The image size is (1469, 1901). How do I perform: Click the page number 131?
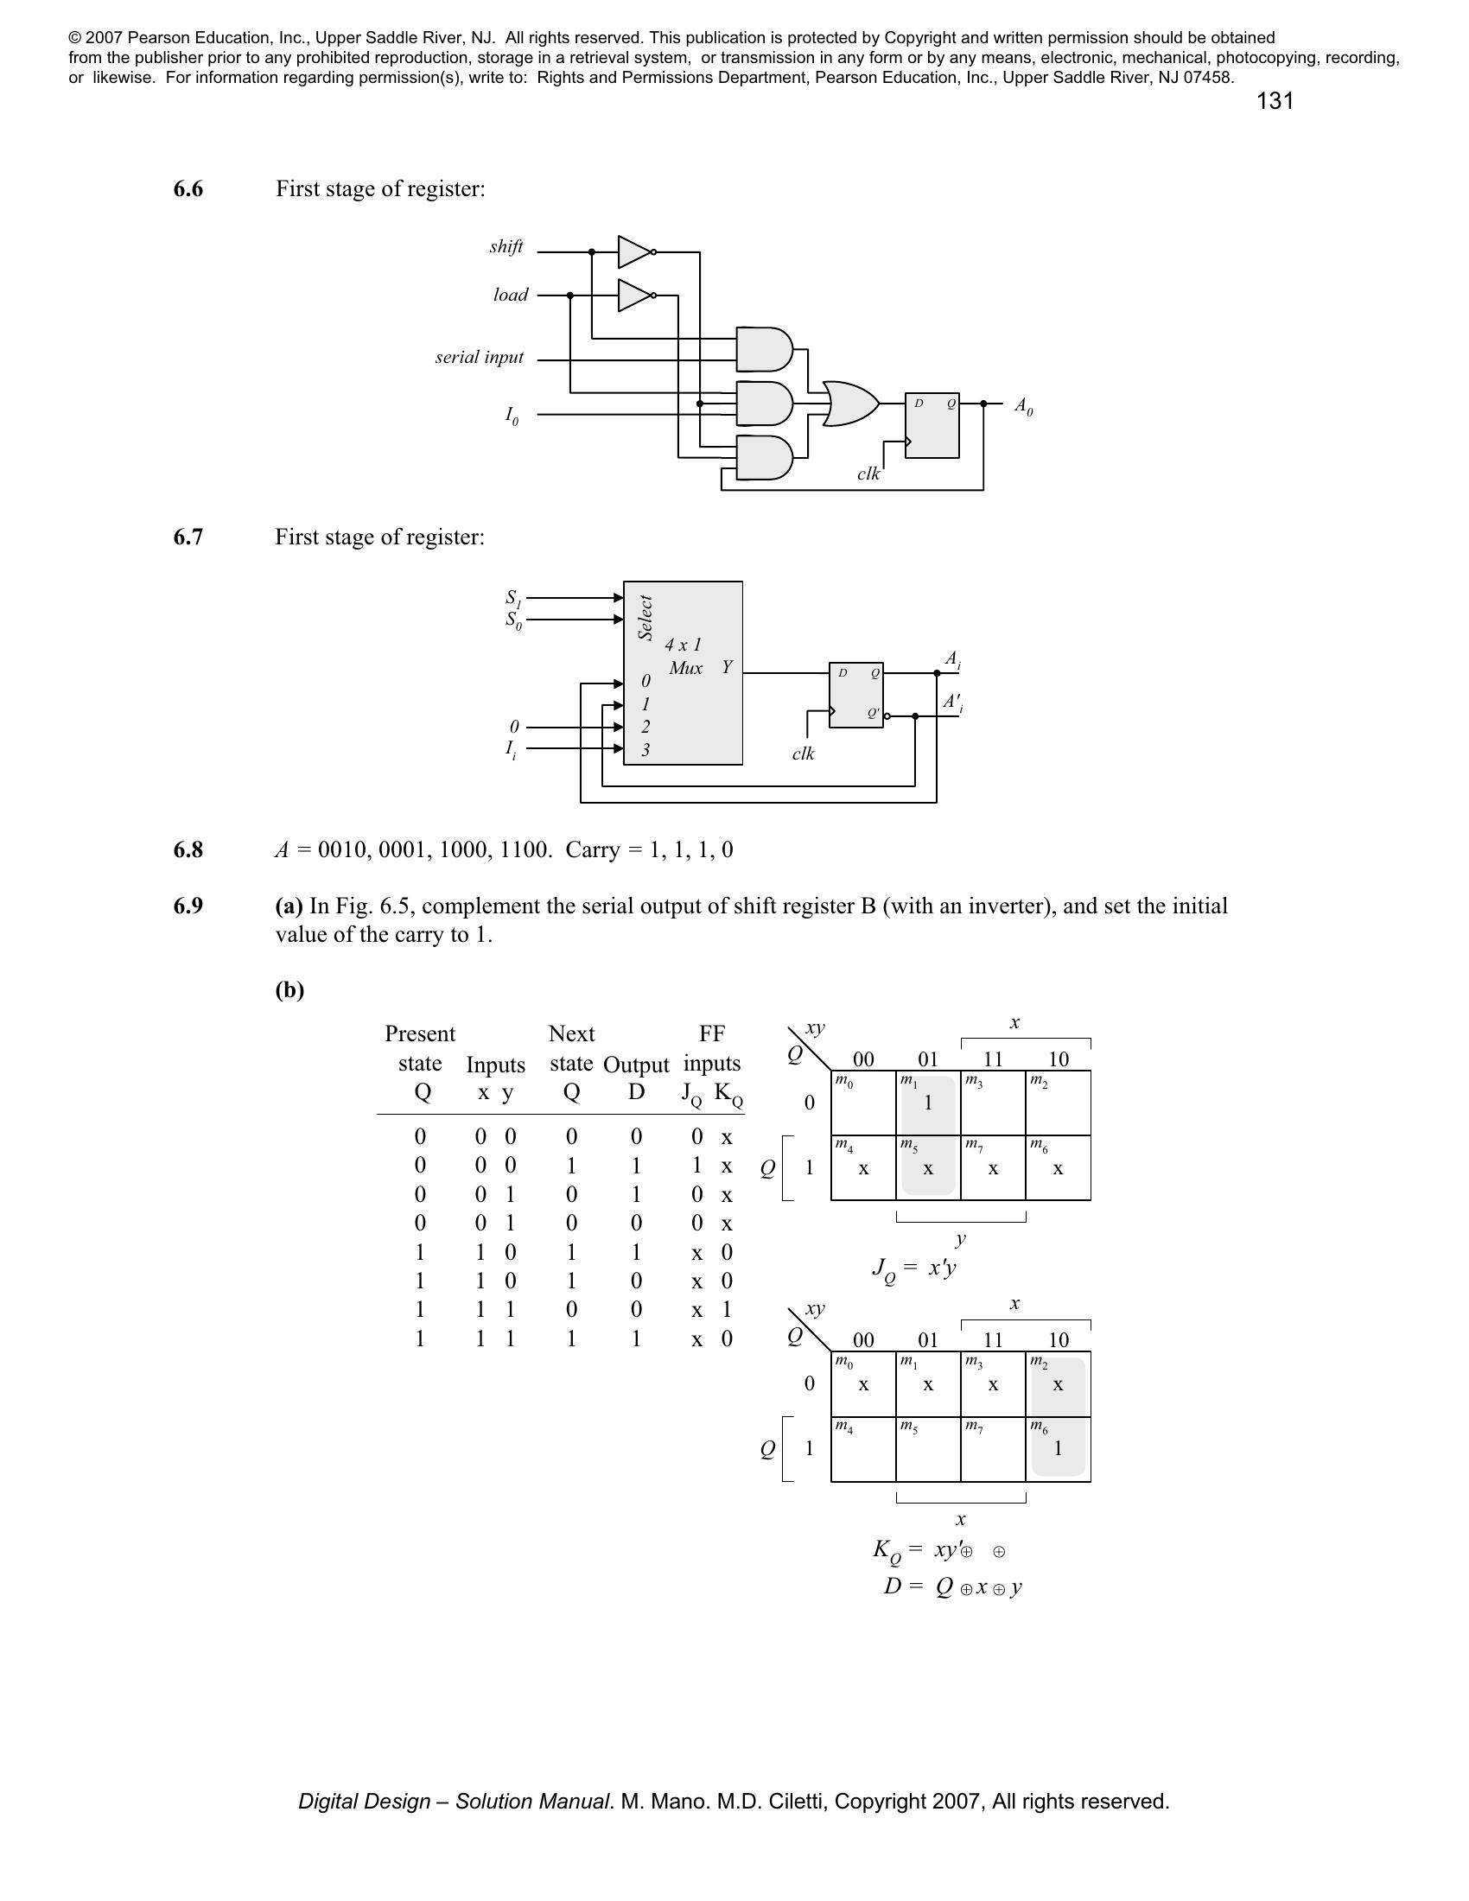click(x=1274, y=102)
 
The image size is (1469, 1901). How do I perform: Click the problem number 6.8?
click(x=188, y=849)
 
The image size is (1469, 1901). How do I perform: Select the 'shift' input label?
click(x=506, y=247)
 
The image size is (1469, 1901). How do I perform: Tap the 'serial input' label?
click(x=480, y=357)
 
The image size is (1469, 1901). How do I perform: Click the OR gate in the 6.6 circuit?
click(x=849, y=404)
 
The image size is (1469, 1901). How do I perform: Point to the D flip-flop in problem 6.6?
click(x=932, y=425)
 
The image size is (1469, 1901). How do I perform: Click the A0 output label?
click(x=1023, y=405)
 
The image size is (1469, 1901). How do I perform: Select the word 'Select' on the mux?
click(x=645, y=617)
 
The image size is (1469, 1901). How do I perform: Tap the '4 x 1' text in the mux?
click(x=684, y=645)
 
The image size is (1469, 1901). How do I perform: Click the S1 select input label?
click(x=513, y=598)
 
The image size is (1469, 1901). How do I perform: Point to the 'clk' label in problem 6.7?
click(x=803, y=753)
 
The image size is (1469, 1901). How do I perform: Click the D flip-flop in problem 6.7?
click(x=856, y=695)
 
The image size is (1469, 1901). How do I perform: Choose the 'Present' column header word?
click(x=419, y=1034)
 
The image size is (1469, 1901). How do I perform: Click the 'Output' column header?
click(x=636, y=1065)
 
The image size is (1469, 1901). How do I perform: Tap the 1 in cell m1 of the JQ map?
click(x=928, y=1103)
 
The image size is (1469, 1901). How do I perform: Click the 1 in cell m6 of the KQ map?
click(x=1059, y=1449)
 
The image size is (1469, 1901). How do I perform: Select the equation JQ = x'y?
click(x=913, y=1268)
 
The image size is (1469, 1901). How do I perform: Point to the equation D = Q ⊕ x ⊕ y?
click(x=953, y=1586)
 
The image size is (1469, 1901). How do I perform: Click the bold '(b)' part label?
click(x=289, y=989)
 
